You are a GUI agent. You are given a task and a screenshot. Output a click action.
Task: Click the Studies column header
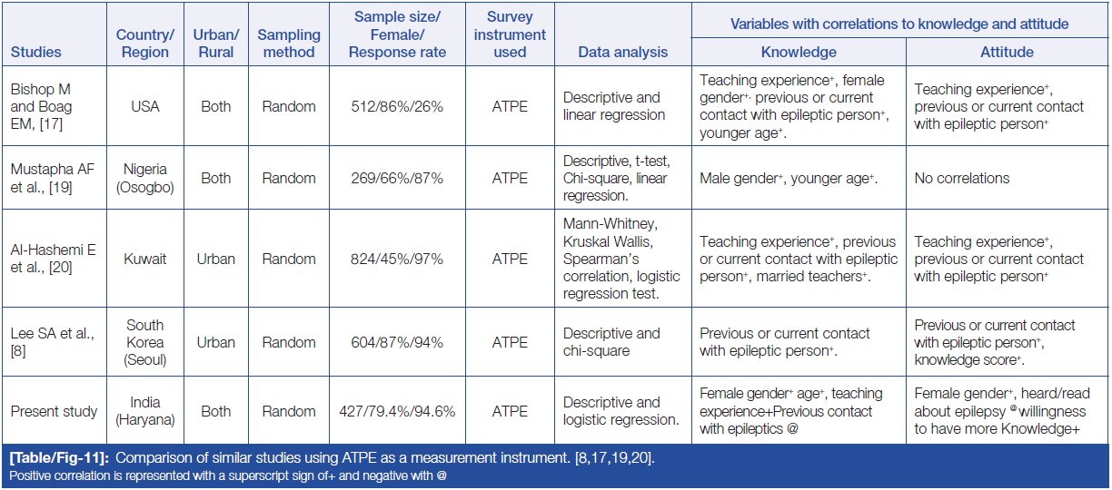click(x=35, y=52)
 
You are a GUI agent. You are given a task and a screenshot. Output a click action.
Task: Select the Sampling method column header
click(x=289, y=44)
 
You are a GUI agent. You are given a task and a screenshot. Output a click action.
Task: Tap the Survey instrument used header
click(x=510, y=34)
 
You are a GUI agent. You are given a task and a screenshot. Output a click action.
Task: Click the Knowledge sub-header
click(x=798, y=52)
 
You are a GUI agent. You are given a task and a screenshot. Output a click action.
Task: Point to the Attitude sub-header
click(x=1007, y=52)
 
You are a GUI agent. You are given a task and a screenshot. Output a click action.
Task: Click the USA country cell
click(x=144, y=106)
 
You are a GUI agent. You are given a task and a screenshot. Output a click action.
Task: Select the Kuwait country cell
click(x=144, y=259)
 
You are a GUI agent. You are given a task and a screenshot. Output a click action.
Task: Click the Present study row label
click(x=54, y=411)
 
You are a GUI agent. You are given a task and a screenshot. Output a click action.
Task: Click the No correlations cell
click(x=962, y=179)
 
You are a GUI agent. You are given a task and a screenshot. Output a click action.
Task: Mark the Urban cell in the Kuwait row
click(x=215, y=259)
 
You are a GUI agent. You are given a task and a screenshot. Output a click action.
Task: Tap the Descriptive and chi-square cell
click(x=611, y=342)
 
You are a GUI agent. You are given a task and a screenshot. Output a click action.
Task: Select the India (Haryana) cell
click(x=144, y=411)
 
